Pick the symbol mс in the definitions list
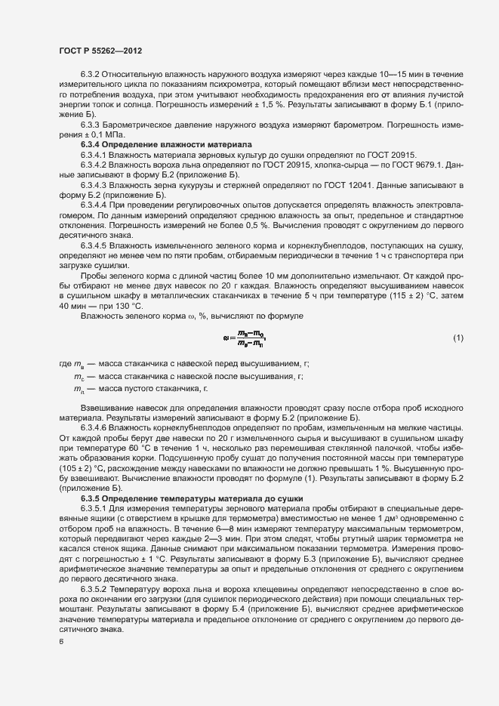78,376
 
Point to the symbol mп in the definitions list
78,388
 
